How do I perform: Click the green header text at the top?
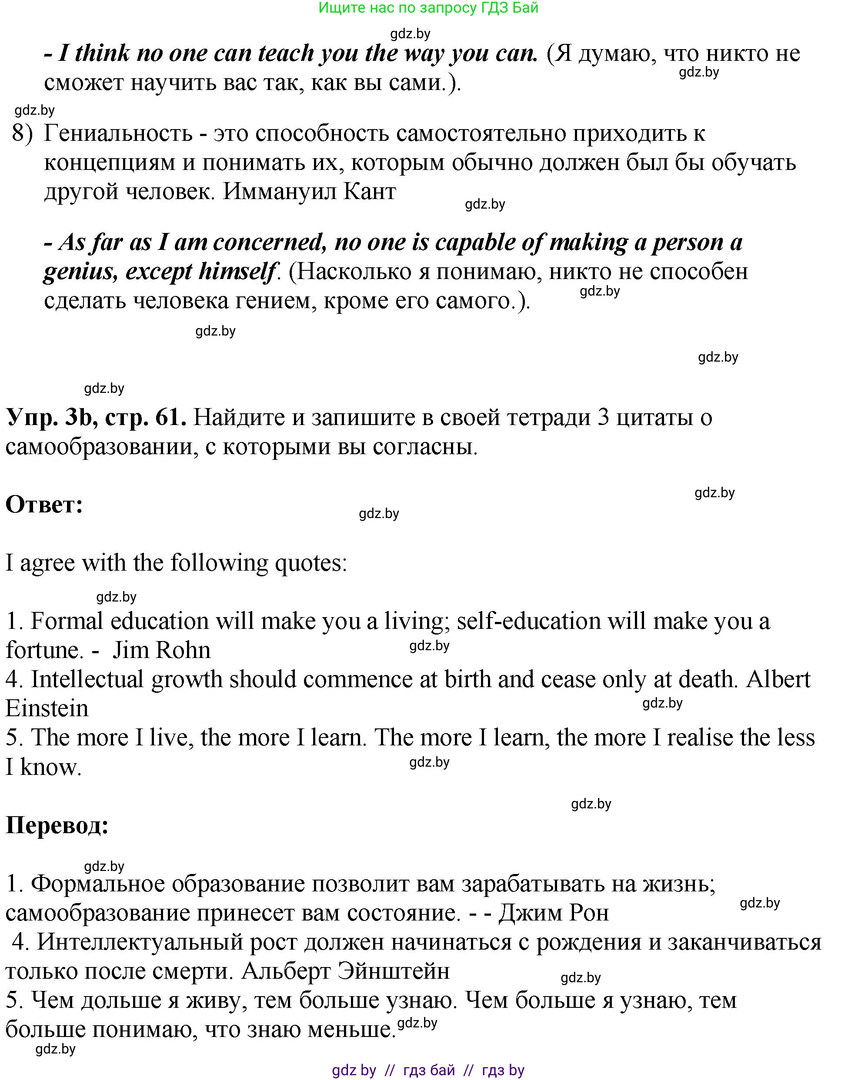(x=428, y=8)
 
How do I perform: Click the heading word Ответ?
(x=44, y=505)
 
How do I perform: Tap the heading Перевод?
(x=57, y=825)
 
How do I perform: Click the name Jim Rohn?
(x=161, y=650)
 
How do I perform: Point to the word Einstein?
(x=47, y=708)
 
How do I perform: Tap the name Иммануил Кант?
(x=309, y=191)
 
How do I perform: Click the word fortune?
(x=44, y=650)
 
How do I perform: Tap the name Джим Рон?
(x=554, y=913)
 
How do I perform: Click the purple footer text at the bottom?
(x=428, y=1070)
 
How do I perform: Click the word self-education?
(x=529, y=621)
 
